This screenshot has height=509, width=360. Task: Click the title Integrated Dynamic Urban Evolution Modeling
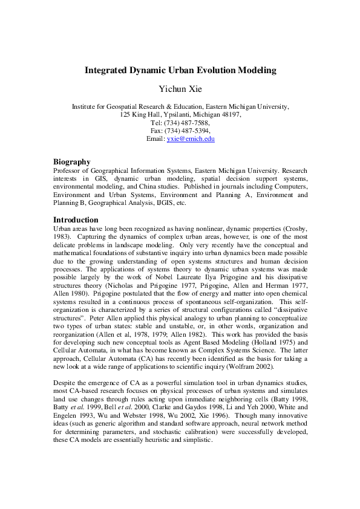pos(180,70)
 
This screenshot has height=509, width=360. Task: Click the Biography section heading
pos(72,162)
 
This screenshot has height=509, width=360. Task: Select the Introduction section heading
pos(76,219)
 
